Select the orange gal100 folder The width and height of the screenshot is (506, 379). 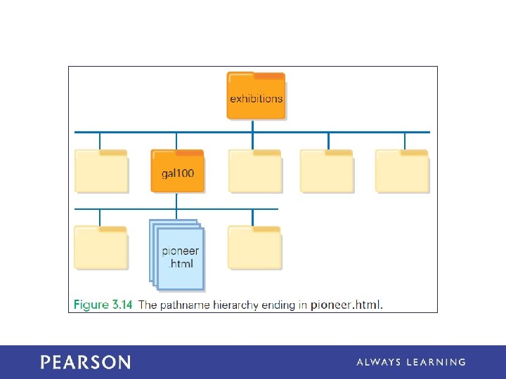(177, 171)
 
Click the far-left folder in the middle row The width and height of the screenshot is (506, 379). (101, 171)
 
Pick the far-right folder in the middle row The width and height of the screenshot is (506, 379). (401, 171)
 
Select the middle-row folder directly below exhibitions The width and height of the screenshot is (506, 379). (254, 171)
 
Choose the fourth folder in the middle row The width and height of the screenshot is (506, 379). (326, 171)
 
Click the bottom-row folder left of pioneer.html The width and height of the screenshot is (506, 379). (101, 247)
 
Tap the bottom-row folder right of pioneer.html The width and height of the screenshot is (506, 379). (254, 247)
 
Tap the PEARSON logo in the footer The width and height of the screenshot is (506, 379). (85, 362)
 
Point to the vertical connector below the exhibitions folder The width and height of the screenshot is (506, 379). (252, 126)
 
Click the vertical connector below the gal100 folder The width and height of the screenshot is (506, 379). (177, 201)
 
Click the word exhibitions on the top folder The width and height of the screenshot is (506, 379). (256, 99)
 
